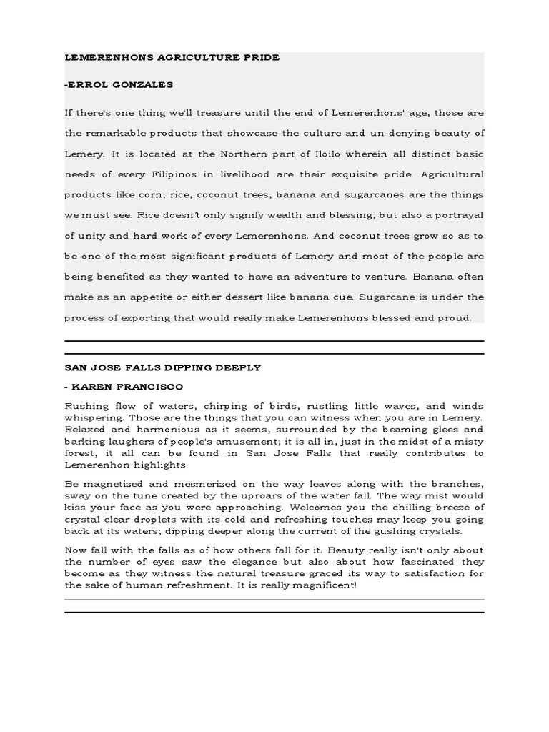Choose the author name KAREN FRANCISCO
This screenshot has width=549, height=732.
(x=128, y=387)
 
